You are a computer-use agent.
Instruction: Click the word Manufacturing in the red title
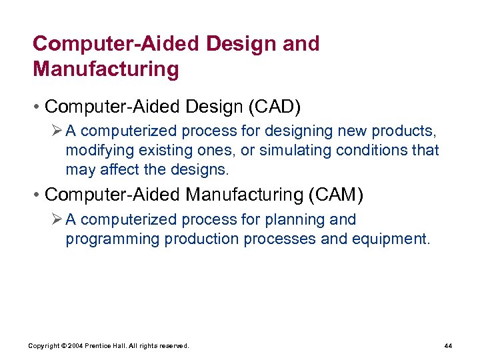click(x=106, y=69)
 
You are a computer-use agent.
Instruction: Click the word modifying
click(x=97, y=150)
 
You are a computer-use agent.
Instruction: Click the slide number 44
click(x=447, y=345)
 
